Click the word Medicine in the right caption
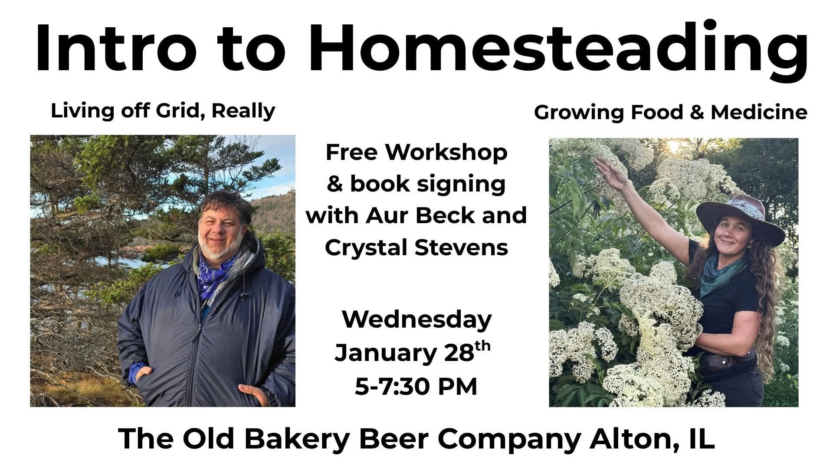tap(759, 113)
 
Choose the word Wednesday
tap(417, 320)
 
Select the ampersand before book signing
tap(335, 184)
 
